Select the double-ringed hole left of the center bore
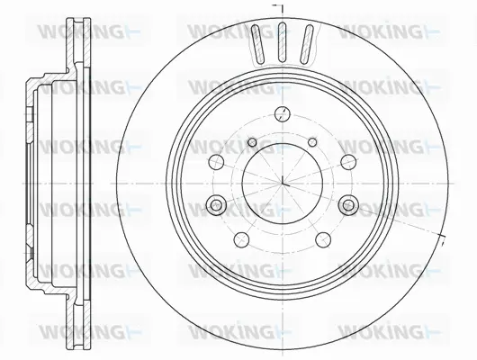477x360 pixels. pos(216,206)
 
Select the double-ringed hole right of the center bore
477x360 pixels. pos(347,206)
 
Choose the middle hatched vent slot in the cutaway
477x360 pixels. pos(282,40)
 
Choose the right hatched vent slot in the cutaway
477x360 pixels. pos(307,41)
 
